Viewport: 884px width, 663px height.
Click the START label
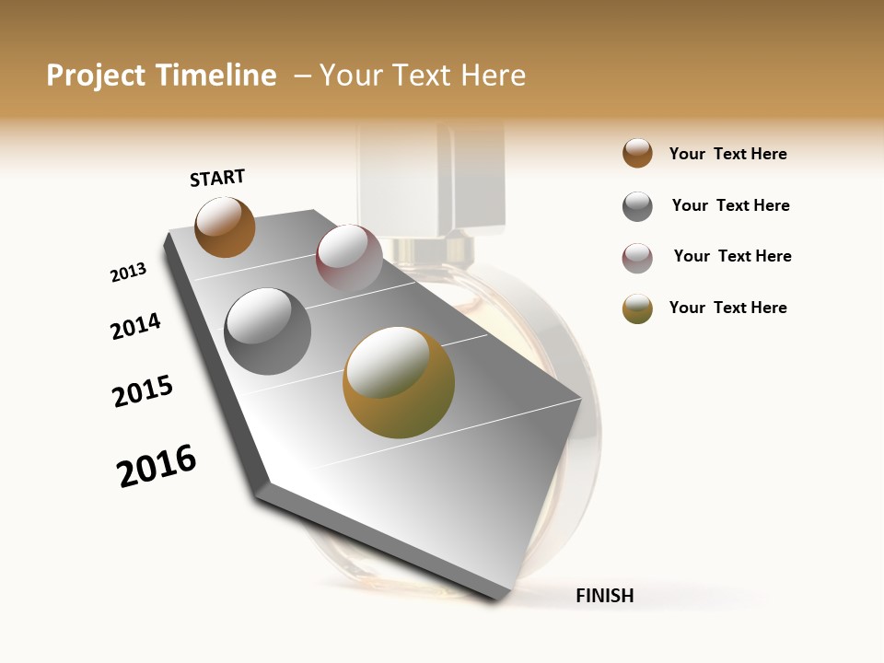click(x=217, y=178)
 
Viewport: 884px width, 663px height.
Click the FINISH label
click(x=604, y=596)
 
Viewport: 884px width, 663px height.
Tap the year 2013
click(x=128, y=273)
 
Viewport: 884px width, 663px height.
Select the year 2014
click(x=135, y=326)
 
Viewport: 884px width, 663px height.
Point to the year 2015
click(x=143, y=391)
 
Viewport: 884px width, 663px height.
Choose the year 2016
click(x=157, y=465)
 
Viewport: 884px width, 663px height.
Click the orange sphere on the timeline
click(x=225, y=227)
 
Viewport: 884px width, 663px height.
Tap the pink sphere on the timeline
click(x=349, y=257)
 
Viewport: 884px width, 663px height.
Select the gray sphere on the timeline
click(x=268, y=331)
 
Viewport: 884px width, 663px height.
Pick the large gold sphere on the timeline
click(x=399, y=382)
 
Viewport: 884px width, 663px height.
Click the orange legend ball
click(x=637, y=153)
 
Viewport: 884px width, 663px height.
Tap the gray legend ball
click(x=637, y=206)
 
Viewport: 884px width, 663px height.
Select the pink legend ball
click(x=637, y=258)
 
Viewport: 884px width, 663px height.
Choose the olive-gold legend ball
click(x=637, y=308)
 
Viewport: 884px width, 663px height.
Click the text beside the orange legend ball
click(x=727, y=154)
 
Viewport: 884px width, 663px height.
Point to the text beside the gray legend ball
click(x=730, y=205)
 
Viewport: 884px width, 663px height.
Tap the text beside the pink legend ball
click(x=732, y=256)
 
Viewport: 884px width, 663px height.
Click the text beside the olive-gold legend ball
click(x=727, y=308)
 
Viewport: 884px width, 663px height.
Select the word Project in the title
click(x=97, y=76)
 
